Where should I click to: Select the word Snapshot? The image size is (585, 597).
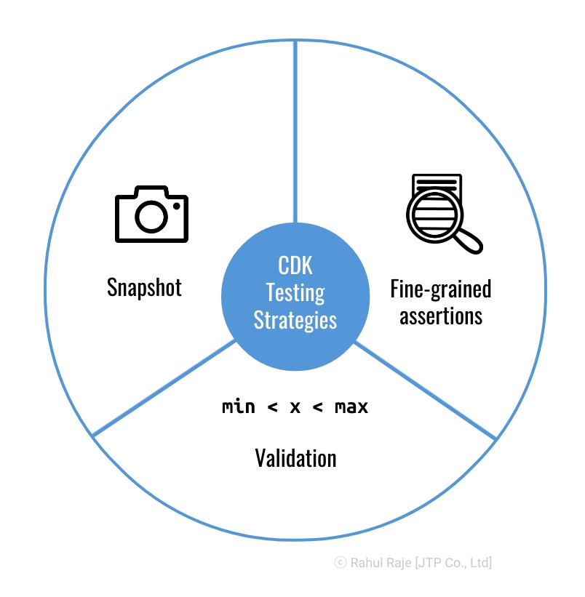pyautogui.click(x=144, y=287)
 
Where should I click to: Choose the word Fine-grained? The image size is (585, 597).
pyautogui.click(x=441, y=289)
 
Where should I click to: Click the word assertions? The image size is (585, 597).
pyautogui.click(x=441, y=316)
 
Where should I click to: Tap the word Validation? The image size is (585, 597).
pyautogui.click(x=295, y=458)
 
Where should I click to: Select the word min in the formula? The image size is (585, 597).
pyautogui.click(x=238, y=407)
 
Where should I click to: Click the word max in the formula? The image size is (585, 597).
pyautogui.click(x=351, y=407)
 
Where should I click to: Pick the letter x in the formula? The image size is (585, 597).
pyautogui.click(x=295, y=407)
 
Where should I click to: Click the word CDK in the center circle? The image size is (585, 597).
pyautogui.click(x=295, y=265)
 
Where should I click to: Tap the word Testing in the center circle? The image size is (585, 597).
pyautogui.click(x=295, y=292)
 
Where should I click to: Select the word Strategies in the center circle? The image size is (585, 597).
pyautogui.click(x=295, y=319)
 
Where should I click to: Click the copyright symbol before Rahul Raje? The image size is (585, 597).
pyautogui.click(x=340, y=562)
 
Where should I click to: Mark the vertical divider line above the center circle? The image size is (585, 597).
pyautogui.click(x=295, y=131)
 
